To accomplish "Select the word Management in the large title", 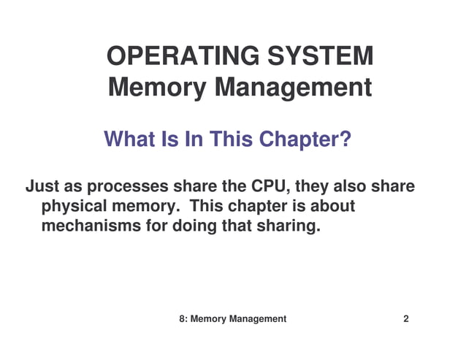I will (293, 88).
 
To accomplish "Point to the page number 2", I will (406, 319).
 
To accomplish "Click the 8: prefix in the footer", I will (183, 319).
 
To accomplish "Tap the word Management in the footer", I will (256, 319).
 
